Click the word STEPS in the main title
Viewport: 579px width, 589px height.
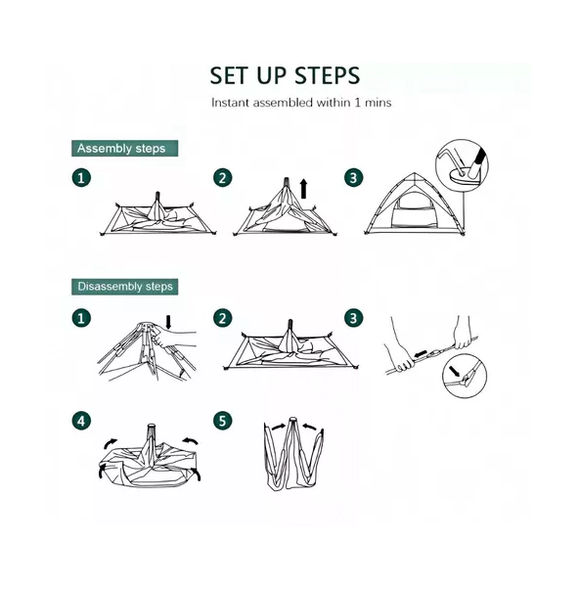[327, 75]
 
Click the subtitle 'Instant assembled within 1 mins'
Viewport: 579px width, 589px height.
[301, 103]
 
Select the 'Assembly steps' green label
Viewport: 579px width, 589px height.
[124, 149]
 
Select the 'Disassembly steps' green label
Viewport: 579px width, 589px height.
[124, 287]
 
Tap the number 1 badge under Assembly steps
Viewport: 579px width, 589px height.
[81, 178]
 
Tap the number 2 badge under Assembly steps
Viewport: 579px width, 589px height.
[223, 178]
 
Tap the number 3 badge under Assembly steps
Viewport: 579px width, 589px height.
[353, 178]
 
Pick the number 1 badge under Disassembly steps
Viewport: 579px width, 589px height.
[81, 318]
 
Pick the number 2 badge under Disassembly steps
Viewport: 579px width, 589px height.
[223, 318]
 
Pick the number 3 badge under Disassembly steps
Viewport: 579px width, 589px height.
[353, 318]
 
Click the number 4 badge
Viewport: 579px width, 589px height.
[81, 421]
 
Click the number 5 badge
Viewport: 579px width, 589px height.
[223, 421]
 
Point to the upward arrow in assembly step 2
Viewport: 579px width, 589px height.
[304, 189]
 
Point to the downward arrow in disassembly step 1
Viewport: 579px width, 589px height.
[168, 322]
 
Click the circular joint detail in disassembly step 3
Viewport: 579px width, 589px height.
[465, 376]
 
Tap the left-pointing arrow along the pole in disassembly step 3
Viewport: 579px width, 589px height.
[421, 354]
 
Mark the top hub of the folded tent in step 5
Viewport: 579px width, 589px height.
[292, 421]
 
